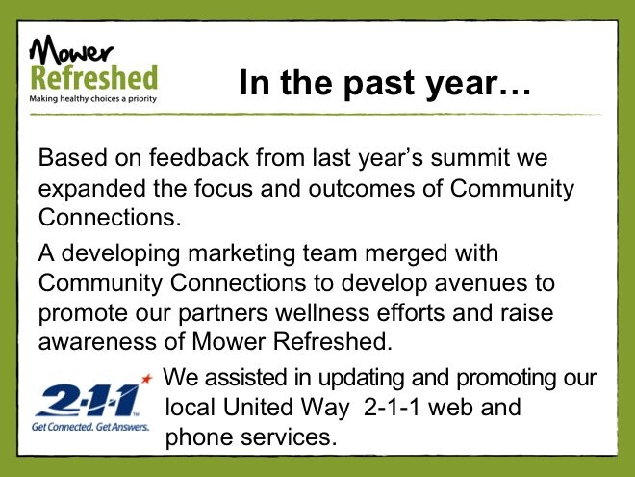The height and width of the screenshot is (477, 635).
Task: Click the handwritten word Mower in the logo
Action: [71, 49]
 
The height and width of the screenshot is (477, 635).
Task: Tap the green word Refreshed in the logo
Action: [94, 77]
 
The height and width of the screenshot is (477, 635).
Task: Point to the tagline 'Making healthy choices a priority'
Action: [92, 98]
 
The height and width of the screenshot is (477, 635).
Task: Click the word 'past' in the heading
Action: [379, 84]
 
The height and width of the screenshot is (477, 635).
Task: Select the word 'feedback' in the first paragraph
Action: [199, 157]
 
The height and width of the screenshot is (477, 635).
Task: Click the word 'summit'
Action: [470, 157]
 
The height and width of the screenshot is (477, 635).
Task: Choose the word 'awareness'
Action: [97, 342]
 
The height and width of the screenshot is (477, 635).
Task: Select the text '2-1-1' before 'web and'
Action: [392, 408]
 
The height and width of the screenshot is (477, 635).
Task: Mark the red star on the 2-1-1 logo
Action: [147, 379]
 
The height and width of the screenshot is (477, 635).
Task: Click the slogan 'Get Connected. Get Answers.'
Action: [90, 427]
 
